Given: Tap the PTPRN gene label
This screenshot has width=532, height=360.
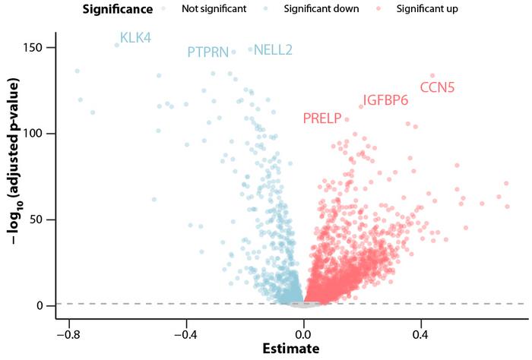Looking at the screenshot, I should [207, 52].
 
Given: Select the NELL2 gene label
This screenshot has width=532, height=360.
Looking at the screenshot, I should [273, 50].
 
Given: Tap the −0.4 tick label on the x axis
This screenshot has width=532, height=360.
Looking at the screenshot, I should [185, 333].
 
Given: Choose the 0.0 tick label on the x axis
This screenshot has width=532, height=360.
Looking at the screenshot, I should [303, 333].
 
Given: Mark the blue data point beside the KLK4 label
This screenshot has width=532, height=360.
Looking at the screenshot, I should [117, 45].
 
